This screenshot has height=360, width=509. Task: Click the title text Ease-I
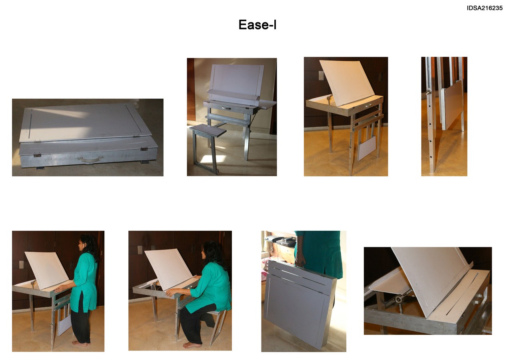257,24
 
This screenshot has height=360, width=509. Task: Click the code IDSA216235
485,8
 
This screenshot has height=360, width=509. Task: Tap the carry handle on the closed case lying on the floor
90,159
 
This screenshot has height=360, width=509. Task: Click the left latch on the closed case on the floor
37,156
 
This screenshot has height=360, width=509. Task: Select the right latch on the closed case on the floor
144,149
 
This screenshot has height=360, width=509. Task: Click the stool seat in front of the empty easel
208,130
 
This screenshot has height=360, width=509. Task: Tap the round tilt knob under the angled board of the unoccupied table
328,98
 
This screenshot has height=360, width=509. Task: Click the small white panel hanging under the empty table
367,148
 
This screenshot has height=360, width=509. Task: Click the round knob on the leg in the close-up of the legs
428,92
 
